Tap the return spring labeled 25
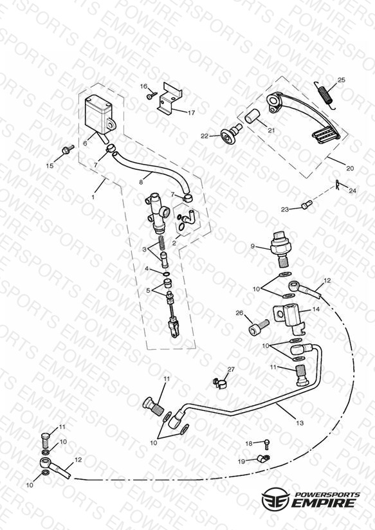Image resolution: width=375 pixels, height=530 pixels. point(325,95)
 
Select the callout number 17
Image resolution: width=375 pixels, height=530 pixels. point(191,113)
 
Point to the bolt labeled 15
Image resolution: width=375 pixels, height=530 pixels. point(68,149)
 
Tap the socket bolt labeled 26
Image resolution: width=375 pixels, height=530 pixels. point(259,327)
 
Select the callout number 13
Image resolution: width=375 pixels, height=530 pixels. point(300,423)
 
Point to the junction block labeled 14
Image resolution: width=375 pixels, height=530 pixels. point(289,317)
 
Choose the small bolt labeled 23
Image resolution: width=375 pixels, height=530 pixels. point(306,205)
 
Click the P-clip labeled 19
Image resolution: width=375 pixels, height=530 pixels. point(262,459)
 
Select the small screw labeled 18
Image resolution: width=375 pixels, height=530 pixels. point(267,444)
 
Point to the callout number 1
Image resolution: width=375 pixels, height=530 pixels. point(93,197)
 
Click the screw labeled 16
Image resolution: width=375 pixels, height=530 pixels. point(151,95)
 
